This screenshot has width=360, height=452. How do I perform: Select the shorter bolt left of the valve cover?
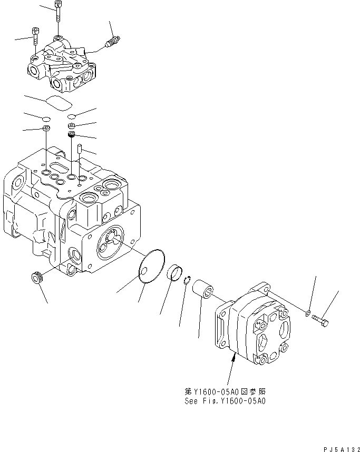coord(36,37)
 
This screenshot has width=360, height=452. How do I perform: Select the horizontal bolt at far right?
coord(320,320)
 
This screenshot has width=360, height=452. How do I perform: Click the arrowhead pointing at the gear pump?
coord(232,358)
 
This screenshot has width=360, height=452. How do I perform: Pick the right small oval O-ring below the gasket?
coord(72,116)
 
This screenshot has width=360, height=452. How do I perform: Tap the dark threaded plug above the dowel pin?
coord(72,137)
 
